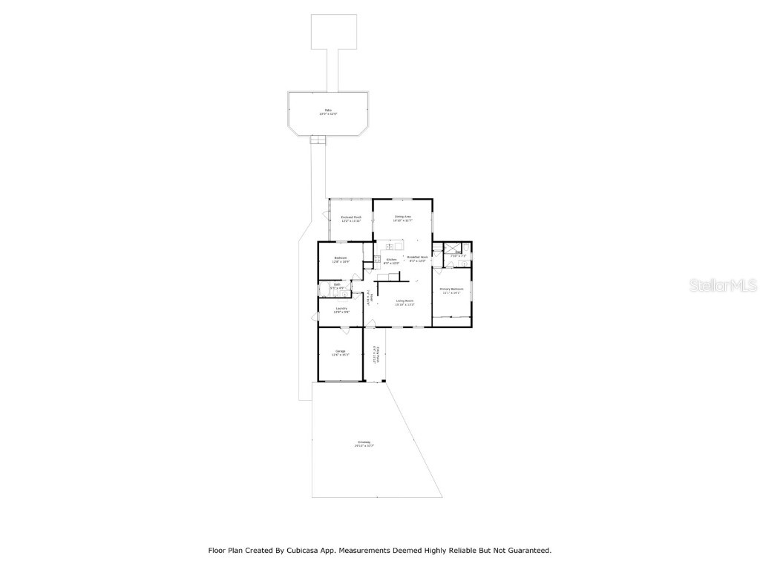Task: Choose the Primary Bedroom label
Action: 451,290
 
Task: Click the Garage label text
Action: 341,353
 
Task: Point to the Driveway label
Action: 364,444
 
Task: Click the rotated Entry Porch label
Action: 377,355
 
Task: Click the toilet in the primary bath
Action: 465,263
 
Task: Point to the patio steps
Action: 318,140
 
